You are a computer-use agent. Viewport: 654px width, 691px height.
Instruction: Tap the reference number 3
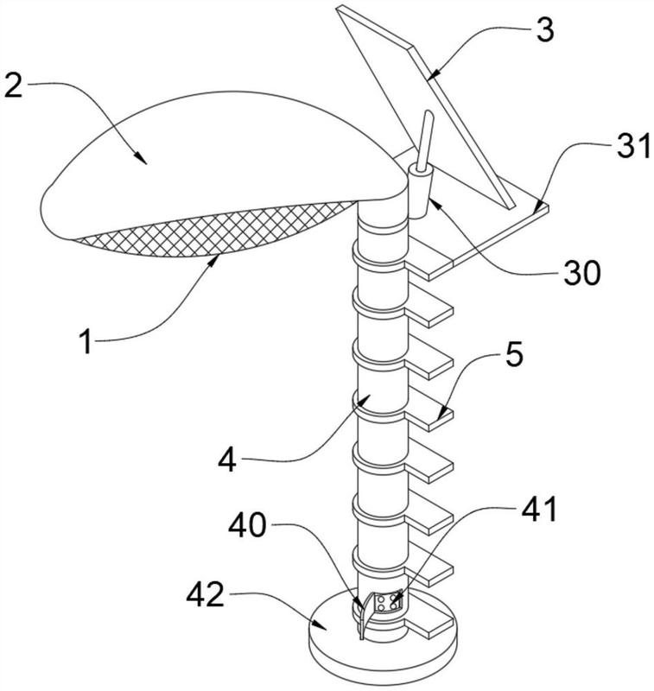point(545,29)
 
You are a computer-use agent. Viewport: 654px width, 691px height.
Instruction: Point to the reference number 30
point(581,272)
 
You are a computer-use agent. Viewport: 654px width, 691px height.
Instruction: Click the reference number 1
point(86,342)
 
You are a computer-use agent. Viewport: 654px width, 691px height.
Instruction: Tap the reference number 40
point(248,525)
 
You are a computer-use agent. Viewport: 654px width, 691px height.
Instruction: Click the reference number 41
point(539,510)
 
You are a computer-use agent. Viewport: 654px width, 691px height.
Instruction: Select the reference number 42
point(206,595)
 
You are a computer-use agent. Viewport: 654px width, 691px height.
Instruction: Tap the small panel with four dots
point(387,603)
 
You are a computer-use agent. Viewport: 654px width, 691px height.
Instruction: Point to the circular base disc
point(383,648)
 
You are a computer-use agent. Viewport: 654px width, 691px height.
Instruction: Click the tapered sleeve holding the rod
point(420,193)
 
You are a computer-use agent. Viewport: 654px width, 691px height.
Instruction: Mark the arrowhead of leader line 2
point(141,159)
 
